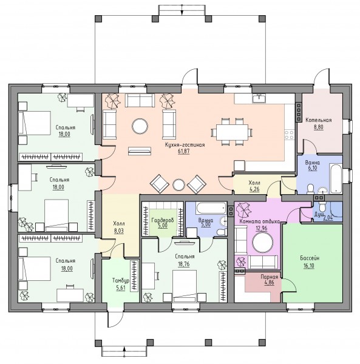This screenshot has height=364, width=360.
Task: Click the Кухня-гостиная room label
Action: [x=185, y=145]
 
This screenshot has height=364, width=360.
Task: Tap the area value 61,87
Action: [x=184, y=152]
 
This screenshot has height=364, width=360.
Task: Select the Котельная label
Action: [x=319, y=120]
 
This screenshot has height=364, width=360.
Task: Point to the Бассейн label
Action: [x=310, y=258]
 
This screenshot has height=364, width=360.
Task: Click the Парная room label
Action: [x=269, y=277]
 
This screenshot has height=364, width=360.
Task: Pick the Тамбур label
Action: [x=121, y=281]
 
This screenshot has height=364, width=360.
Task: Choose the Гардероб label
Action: [x=163, y=220]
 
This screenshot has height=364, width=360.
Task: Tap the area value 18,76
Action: [x=184, y=264]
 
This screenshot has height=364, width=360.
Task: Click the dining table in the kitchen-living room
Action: [x=232, y=132]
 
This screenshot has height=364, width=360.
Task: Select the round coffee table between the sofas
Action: [x=140, y=126]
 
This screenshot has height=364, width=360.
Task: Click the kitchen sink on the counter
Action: [x=259, y=98]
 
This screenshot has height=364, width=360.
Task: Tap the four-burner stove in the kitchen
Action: [x=290, y=135]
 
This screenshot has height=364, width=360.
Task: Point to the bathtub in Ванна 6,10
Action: [x=336, y=179]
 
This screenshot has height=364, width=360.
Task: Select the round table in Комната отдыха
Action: [x=263, y=242]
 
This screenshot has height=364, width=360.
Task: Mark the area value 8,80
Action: [x=319, y=127]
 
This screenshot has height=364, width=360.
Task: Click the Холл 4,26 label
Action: [x=254, y=186]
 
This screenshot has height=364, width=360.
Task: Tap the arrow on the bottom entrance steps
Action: [x=124, y=351]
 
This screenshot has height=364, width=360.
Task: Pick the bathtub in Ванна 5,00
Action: [x=211, y=208]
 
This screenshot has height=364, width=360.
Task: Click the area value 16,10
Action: [x=309, y=265]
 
